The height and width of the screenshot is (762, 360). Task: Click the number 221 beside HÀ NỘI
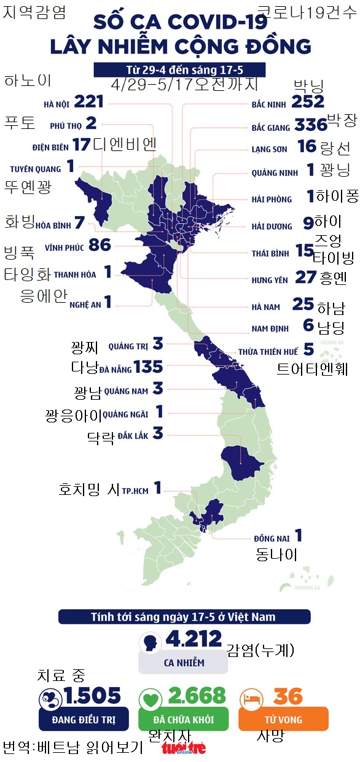click(x=88, y=101)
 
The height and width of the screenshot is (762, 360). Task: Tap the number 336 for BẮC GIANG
click(x=310, y=125)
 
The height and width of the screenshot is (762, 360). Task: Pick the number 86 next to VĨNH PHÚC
click(x=100, y=246)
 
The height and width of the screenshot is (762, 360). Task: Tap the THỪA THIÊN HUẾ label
click(x=268, y=352)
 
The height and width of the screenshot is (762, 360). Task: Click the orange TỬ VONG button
click(x=278, y=719)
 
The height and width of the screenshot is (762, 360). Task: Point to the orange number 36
click(x=289, y=696)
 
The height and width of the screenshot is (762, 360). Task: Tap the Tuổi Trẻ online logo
click(x=184, y=747)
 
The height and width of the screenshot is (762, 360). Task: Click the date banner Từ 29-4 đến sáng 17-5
click(x=181, y=69)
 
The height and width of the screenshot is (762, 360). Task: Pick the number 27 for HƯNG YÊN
click(x=305, y=277)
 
